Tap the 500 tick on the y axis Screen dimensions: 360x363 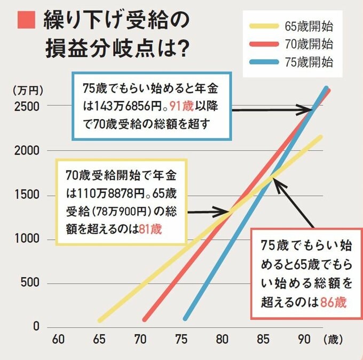29,283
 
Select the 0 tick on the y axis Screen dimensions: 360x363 36,326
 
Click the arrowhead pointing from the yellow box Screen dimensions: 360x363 225,212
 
